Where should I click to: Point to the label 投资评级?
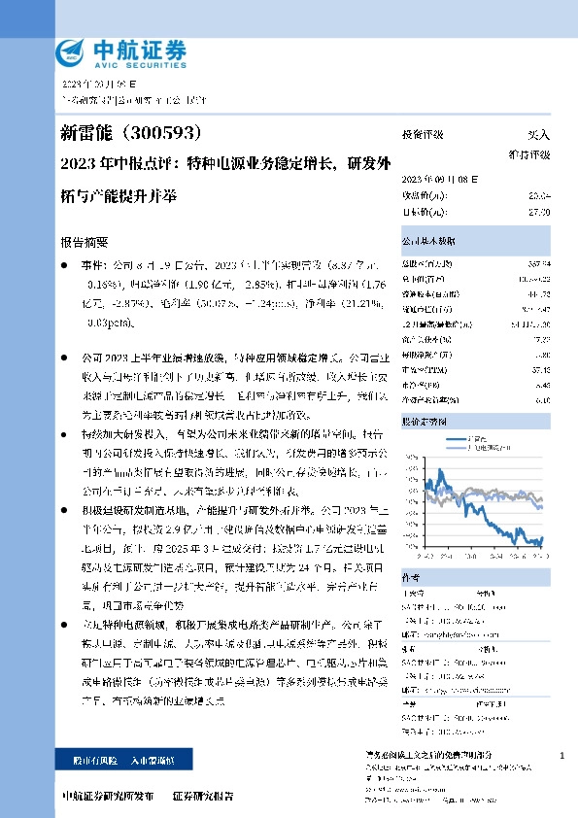423,136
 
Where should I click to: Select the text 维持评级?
529,154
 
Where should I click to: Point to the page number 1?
562,756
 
